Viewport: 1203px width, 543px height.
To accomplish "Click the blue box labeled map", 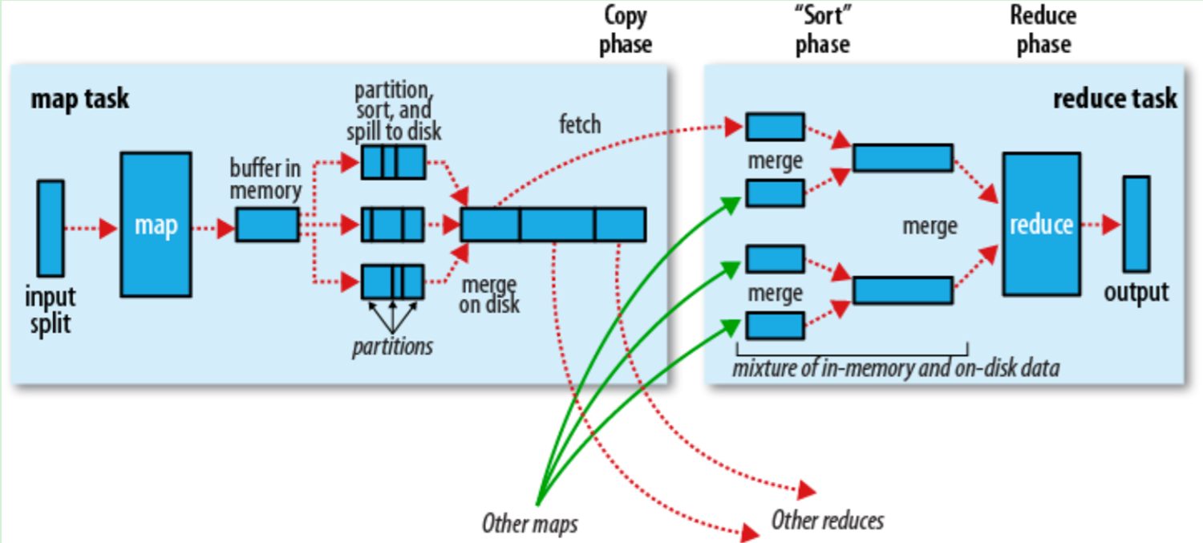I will (156, 225).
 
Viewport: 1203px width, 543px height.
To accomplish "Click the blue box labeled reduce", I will (1040, 224).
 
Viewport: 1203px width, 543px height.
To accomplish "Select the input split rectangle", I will (51, 228).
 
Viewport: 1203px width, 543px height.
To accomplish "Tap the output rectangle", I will (1136, 224).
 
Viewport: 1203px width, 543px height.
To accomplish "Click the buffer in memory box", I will (267, 225).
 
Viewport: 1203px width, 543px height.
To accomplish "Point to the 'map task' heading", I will (79, 99).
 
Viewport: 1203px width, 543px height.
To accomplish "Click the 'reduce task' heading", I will (1114, 99).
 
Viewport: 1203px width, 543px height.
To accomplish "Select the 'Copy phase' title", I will (625, 30).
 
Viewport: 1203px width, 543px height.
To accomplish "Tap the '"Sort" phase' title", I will (822, 30).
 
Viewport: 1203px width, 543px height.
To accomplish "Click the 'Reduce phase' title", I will (1043, 30).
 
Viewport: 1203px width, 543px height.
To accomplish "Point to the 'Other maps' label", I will (529, 525).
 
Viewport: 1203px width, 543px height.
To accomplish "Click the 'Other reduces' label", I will (827, 521).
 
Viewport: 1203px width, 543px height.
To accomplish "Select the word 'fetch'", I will (580, 124).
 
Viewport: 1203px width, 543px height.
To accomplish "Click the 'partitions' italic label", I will (392, 346).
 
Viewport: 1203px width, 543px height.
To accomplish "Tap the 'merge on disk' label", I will (489, 294).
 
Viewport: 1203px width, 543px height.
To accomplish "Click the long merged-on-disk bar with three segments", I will (553, 225).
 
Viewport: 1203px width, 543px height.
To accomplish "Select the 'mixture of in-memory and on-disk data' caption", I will (896, 368).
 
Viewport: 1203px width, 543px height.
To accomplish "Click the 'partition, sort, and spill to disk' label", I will (393, 109).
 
